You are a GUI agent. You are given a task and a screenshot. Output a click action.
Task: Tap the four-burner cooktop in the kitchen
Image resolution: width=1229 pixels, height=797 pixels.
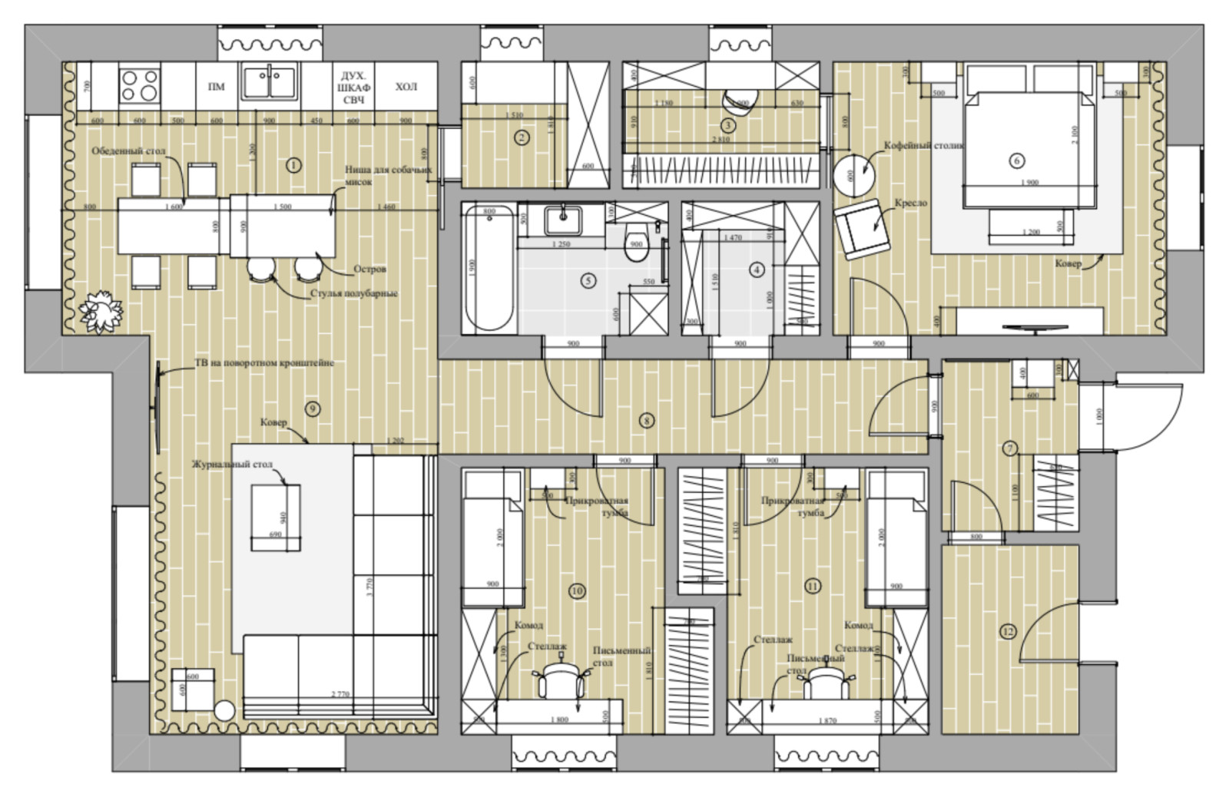[139, 84]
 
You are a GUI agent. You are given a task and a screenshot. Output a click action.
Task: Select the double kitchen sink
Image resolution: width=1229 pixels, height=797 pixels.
[269, 81]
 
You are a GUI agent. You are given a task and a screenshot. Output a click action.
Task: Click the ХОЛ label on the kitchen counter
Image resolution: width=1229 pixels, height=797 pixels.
[406, 87]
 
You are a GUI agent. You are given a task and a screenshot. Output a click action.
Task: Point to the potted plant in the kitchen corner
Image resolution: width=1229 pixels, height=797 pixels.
[101, 311]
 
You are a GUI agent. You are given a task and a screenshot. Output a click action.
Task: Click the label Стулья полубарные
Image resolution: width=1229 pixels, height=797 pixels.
[354, 293]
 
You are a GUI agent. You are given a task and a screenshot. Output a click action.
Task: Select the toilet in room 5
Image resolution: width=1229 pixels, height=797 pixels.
[636, 244]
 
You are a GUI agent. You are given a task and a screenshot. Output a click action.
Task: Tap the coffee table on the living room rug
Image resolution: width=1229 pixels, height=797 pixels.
[276, 517]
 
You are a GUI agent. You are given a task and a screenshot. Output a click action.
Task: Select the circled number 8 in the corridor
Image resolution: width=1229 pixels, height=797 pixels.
[648, 420]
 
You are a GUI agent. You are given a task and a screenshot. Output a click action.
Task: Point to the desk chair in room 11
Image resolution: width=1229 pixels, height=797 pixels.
[827, 683]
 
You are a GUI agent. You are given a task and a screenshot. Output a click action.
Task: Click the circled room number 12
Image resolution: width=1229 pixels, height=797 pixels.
[1008, 632]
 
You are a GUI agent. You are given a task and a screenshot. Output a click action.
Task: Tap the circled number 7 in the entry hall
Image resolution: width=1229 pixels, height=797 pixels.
[1011, 448]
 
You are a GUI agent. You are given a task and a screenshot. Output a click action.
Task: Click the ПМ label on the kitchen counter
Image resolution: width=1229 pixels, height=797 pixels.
[217, 87]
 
